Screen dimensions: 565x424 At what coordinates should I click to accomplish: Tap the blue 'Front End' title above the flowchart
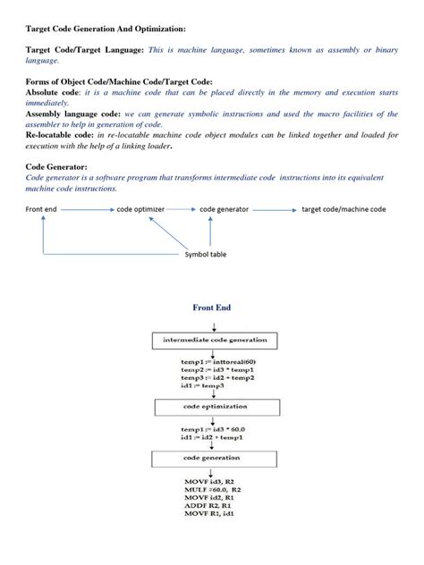(212, 308)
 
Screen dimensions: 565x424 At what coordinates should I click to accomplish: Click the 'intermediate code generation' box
(211, 342)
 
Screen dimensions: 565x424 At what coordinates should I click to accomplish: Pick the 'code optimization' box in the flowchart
(211, 405)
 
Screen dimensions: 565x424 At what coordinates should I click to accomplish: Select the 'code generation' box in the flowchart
(211, 457)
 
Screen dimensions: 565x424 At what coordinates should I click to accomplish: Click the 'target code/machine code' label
(343, 209)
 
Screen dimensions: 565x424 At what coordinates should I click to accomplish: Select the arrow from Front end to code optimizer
(88, 209)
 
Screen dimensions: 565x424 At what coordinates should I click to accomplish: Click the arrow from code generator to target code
(275, 209)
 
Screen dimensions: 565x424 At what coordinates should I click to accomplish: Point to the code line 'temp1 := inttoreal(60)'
(218, 361)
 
